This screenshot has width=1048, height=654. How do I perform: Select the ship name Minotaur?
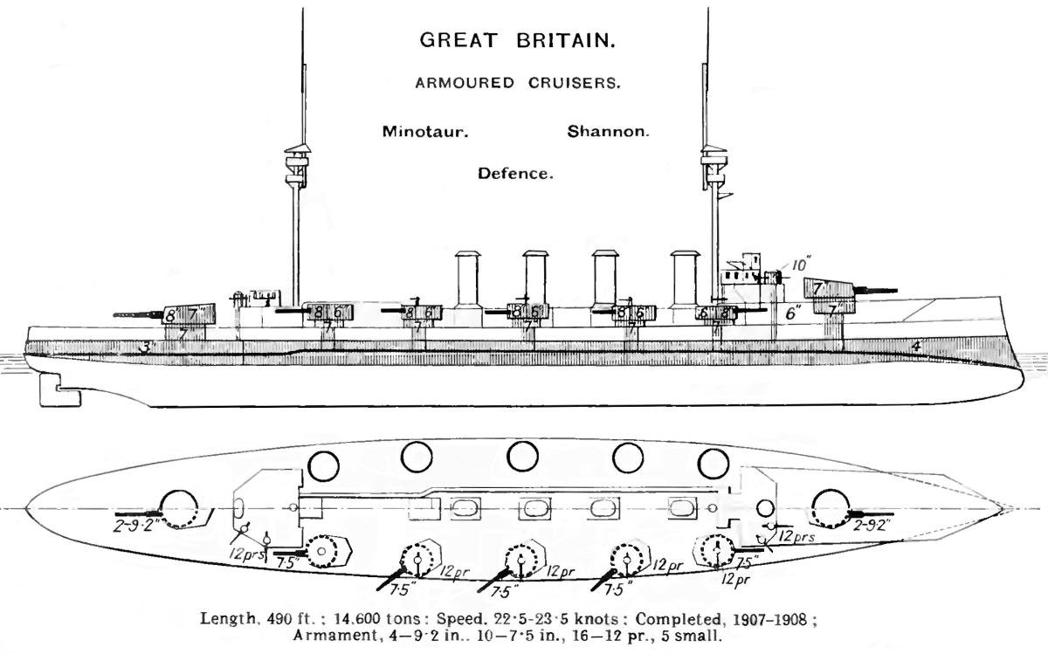click(425, 133)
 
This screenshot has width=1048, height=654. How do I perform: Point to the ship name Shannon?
click(609, 133)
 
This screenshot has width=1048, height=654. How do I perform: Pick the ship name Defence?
click(515, 174)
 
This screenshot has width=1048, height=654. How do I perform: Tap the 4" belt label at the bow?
click(916, 347)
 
